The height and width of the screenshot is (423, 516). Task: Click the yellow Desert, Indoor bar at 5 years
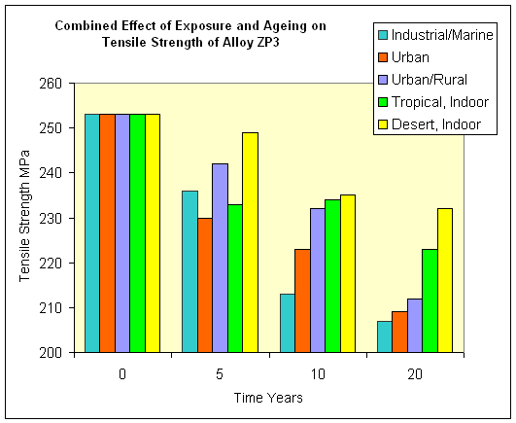pos(250,242)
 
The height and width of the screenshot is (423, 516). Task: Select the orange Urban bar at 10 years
pos(302,300)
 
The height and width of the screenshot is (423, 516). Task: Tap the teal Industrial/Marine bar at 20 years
pos(385,336)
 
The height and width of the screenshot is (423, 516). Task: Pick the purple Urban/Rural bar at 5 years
pos(221,258)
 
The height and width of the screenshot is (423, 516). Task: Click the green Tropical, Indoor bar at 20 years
pos(430,300)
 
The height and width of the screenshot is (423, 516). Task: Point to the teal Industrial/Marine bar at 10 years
pos(288,323)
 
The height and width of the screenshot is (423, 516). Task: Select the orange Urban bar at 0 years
pos(107,233)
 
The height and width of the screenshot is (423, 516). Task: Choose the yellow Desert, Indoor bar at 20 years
pos(445,280)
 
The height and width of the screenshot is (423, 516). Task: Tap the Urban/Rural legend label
pos(430,80)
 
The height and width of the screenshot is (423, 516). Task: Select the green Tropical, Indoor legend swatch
pos(383,102)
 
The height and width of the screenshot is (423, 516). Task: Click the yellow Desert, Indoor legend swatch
pos(383,124)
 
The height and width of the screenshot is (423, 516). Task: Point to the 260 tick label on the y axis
pos(51,84)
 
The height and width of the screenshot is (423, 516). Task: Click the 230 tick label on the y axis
pos(51,218)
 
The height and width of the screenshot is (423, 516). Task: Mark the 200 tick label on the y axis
pos(51,353)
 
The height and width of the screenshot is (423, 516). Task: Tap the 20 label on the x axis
pos(415,374)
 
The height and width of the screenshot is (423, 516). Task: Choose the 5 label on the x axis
pos(220,374)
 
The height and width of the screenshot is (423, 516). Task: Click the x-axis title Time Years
pos(268,398)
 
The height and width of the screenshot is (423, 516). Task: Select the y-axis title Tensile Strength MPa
pos(24,216)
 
